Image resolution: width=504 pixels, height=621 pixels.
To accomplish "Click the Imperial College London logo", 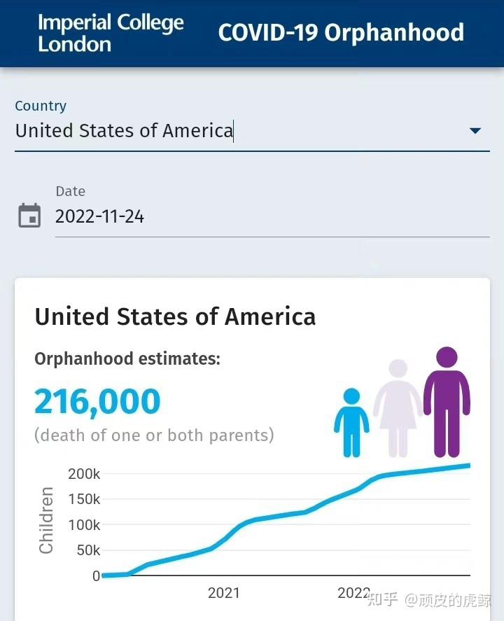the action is (111, 33).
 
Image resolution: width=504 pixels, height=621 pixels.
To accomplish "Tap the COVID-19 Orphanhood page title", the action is (341, 32).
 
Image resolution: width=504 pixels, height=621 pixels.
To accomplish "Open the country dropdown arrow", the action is (475, 130).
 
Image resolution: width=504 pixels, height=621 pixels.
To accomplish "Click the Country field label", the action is (41, 106).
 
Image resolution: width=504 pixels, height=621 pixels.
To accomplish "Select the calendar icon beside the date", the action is (29, 216).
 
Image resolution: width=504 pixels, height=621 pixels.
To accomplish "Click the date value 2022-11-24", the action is (99, 216).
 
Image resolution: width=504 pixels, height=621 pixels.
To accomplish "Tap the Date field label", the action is (71, 191).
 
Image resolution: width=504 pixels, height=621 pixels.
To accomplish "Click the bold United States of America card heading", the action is (175, 316).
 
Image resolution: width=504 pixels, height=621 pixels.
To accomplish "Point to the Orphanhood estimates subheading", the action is (127, 358).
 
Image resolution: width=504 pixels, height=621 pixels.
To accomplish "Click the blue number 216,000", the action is (97, 402).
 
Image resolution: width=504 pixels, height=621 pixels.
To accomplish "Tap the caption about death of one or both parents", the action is (154, 435).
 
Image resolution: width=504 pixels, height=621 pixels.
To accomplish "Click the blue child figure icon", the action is (351, 422).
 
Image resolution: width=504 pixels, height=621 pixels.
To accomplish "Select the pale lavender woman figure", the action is (398, 408).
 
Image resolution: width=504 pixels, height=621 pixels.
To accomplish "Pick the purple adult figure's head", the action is (447, 357).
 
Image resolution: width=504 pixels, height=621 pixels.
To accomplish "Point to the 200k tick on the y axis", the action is (84, 474).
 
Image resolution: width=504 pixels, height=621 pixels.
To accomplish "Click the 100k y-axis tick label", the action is (84, 525).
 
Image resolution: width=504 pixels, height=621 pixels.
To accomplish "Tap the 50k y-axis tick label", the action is (88, 550).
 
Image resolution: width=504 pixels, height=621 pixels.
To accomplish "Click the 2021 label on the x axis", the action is (224, 593).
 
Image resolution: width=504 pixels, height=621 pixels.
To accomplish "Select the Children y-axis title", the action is (46, 520).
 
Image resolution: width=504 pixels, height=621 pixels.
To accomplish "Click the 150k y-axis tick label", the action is (84, 499).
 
